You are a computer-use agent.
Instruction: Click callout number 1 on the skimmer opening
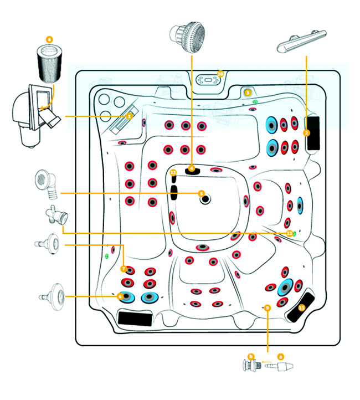tap(129, 116)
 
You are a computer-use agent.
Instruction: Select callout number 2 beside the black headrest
tap(306, 133)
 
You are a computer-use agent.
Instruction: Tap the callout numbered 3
tap(248, 93)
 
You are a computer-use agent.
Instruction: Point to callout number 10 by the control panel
tap(220, 74)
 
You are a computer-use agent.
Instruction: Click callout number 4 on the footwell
tap(191, 168)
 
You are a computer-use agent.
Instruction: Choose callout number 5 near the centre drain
tap(202, 193)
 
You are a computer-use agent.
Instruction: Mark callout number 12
tap(289, 234)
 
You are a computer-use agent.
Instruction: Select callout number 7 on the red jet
tap(124, 269)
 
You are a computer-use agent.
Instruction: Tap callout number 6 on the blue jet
tap(120, 296)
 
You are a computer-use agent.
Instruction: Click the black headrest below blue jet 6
tap(136, 318)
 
